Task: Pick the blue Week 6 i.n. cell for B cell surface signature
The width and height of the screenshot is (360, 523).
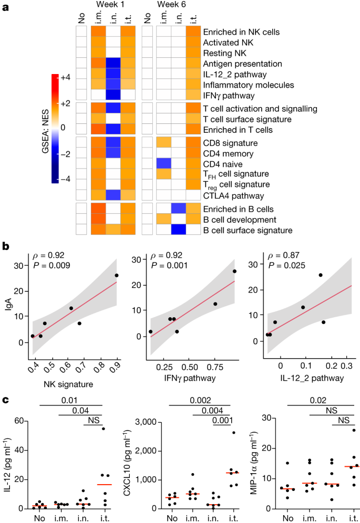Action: [178, 229]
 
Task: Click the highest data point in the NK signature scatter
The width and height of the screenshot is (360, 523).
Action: [117, 276]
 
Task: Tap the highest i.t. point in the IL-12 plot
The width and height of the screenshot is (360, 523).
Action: [102, 428]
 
